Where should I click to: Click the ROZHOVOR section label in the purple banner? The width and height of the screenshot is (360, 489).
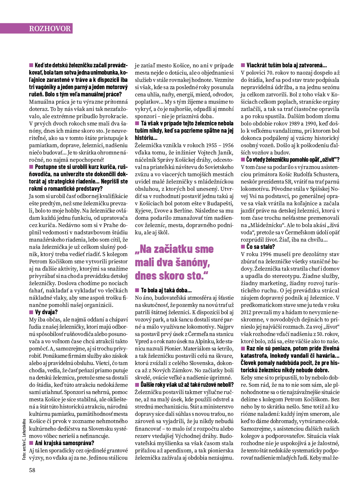(50, 28)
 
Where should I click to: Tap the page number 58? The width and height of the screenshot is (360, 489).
(32, 470)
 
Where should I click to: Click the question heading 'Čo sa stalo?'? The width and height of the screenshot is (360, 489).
(260, 247)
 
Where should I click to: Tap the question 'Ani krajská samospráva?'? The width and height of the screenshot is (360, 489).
(64, 443)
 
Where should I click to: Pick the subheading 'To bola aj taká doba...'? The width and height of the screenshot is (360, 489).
(166, 290)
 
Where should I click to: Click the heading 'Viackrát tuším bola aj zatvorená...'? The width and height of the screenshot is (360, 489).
(286, 65)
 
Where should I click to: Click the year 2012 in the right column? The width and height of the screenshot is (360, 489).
(247, 312)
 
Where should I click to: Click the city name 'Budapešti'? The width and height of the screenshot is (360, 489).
(220, 203)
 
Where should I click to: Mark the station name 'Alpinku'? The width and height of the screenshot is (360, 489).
(213, 341)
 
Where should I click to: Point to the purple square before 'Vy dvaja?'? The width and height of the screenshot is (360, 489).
(31, 312)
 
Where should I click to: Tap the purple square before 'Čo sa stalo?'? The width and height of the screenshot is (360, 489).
(243, 247)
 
